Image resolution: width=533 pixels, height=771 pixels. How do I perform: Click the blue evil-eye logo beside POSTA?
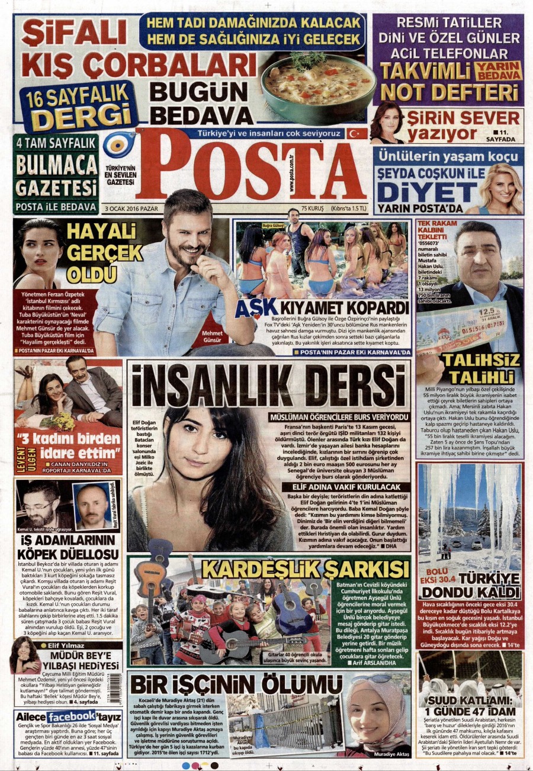[119, 143]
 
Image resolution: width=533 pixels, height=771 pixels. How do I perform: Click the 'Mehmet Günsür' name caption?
[212, 337]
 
